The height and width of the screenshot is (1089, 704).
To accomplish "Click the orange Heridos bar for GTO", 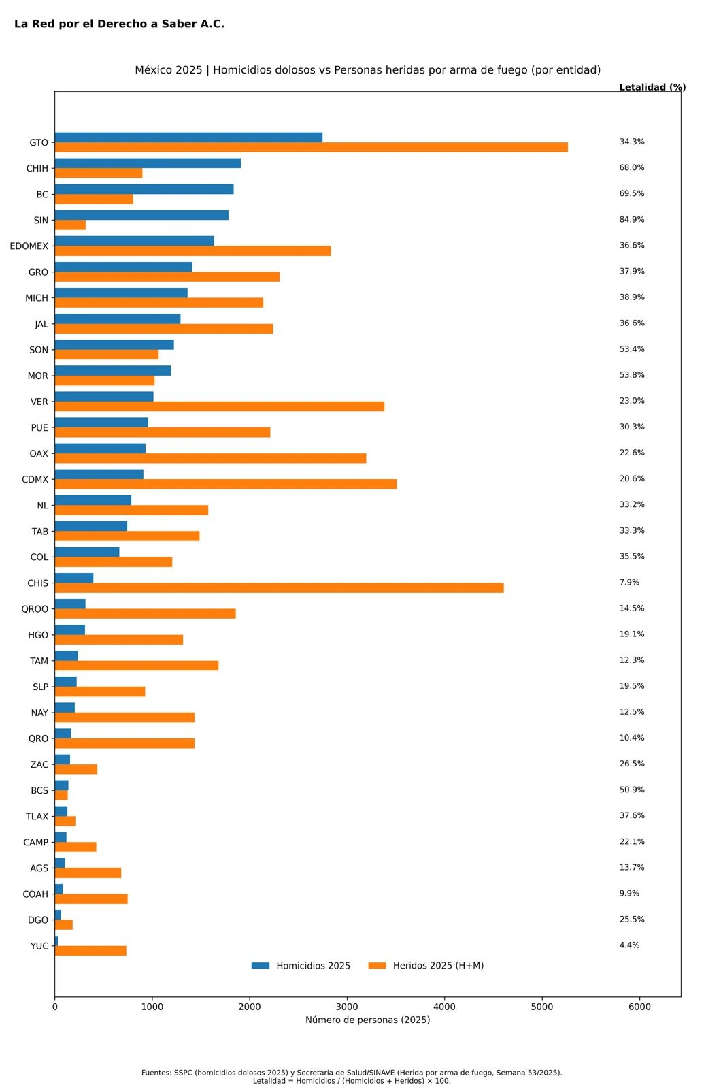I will [x=311, y=148].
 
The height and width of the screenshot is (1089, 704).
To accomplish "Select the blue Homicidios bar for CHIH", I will [x=148, y=163].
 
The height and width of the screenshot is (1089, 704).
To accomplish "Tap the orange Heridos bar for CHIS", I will [x=279, y=588].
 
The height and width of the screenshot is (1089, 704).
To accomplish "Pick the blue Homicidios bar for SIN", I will [x=141, y=215].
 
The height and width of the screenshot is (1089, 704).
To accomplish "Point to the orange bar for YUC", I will [x=90, y=951].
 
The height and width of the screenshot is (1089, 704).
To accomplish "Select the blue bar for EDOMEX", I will [x=134, y=241].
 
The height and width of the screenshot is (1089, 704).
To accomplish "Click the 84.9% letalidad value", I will [x=632, y=220].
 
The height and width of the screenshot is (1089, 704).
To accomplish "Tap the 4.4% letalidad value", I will [x=629, y=945].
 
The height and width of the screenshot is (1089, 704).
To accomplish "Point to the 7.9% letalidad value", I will [x=629, y=583].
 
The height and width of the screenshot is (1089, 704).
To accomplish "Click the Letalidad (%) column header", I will [x=652, y=88].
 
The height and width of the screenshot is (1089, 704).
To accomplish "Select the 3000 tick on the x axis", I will [x=347, y=1007].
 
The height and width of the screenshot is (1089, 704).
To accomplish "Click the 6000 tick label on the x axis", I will [x=639, y=1007].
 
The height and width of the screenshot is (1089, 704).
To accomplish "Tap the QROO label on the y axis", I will [x=35, y=609].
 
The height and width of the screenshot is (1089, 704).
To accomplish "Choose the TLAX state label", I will [x=37, y=817].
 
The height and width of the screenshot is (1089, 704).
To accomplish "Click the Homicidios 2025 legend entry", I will [x=301, y=966].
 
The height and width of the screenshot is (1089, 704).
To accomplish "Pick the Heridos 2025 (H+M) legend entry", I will [x=426, y=966].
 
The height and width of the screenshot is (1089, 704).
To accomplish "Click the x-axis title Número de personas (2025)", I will [x=367, y=1020].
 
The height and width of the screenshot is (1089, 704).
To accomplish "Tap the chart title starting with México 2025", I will [x=367, y=70].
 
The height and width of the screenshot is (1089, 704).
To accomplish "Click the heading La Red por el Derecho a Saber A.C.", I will [x=119, y=24].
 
